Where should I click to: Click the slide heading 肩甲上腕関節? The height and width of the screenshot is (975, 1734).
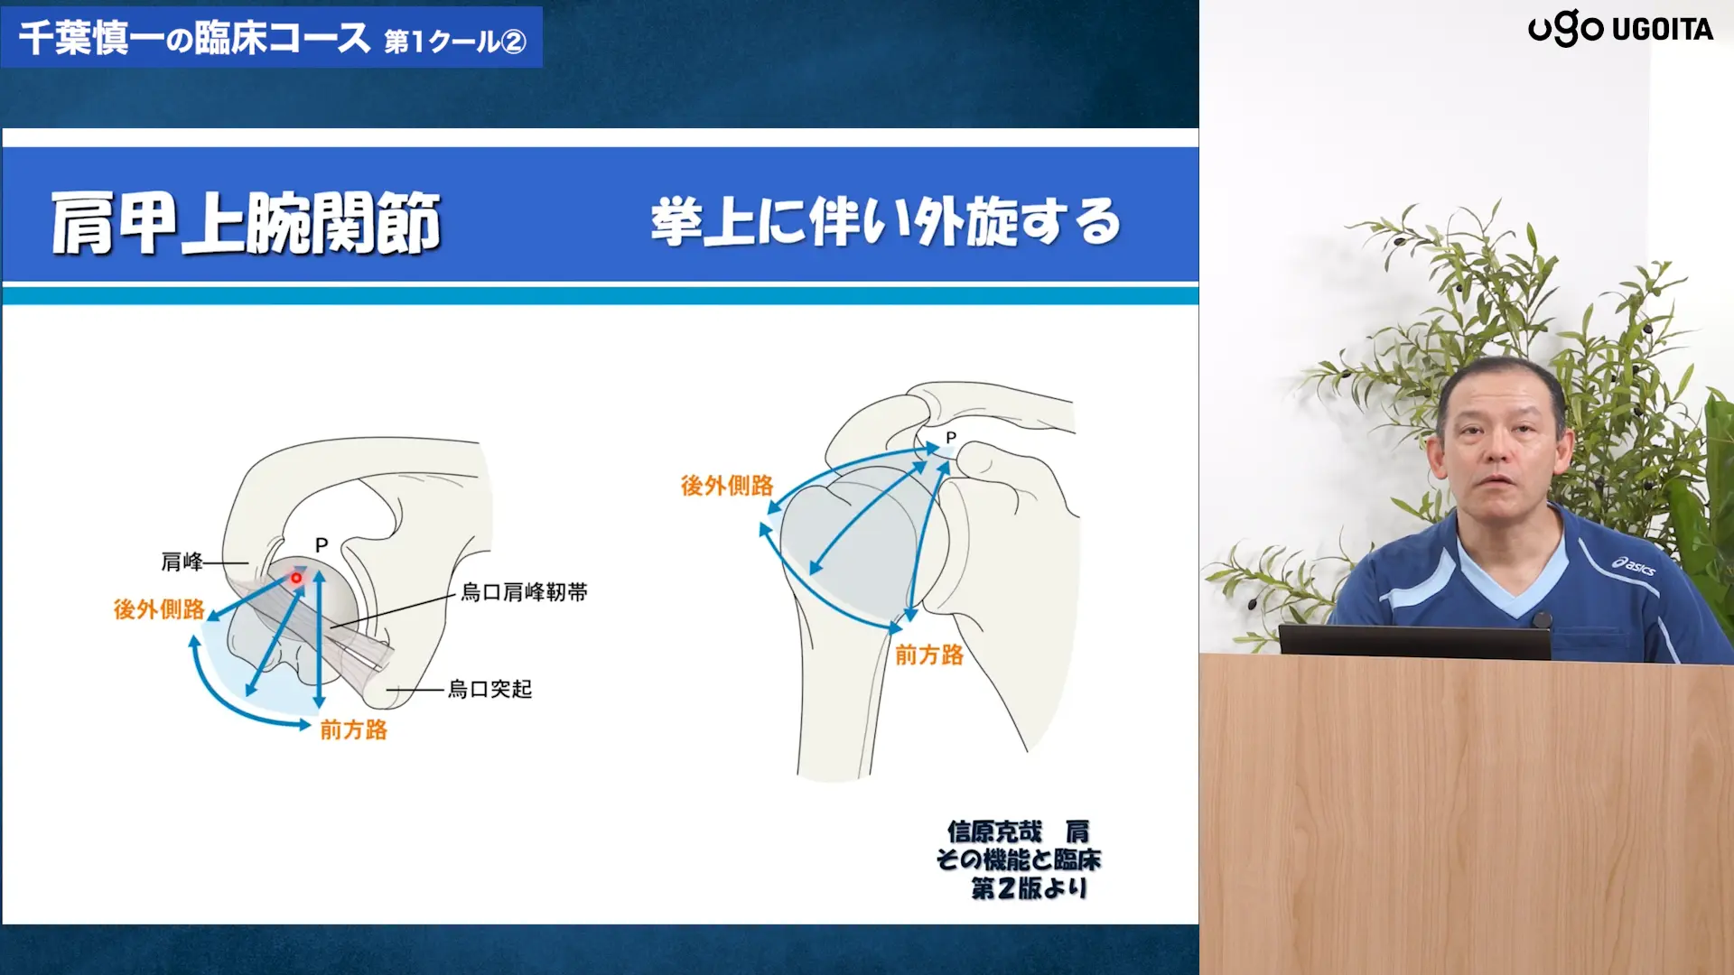[246, 223]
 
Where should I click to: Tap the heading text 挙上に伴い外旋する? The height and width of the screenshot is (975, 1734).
[885, 221]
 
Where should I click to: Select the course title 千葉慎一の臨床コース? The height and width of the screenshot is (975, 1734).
[195, 39]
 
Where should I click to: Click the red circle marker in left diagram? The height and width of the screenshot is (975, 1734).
[295, 578]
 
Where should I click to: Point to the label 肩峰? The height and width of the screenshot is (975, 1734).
[182, 562]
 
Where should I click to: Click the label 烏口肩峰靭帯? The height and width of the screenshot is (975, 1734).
[524, 592]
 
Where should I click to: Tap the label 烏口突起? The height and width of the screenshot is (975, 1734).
[489, 690]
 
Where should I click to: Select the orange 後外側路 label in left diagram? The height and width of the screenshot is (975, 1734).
[159, 609]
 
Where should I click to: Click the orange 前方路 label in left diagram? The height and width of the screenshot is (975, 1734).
[353, 729]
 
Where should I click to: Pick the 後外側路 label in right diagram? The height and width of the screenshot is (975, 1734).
[726, 486]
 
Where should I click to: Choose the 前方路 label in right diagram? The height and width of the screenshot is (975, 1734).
[928, 655]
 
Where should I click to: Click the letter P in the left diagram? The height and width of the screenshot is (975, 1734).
[322, 545]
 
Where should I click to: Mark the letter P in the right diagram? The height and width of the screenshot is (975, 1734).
[951, 438]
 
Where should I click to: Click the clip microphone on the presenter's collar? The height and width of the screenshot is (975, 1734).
[1542, 619]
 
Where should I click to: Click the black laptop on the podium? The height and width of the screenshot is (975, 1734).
[1414, 643]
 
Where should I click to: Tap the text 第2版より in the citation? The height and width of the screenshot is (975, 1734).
[1029, 888]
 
